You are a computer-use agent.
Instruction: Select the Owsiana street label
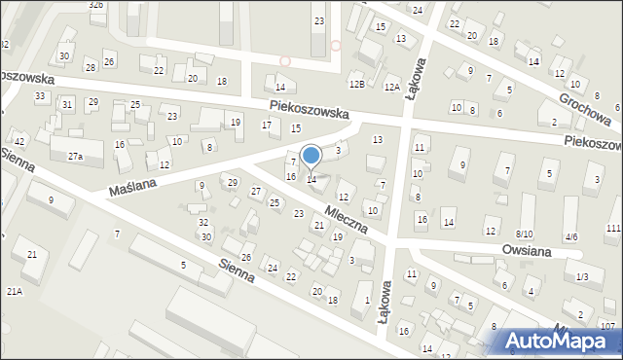point(527,251)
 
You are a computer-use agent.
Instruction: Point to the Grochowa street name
point(585,110)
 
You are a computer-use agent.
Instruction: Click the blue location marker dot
point(311,155)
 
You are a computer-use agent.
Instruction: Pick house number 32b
point(95,5)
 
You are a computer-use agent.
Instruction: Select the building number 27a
point(74,157)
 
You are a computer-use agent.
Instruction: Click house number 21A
point(14,291)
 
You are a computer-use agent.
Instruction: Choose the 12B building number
point(357,87)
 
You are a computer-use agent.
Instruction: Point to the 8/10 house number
point(524,234)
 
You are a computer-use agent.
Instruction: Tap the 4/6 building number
point(570,236)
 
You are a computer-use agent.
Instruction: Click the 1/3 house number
point(581,277)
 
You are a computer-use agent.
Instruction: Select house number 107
point(607,326)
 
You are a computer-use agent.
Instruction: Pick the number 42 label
point(19,142)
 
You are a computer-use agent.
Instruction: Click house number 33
point(40,96)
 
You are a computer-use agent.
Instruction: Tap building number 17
point(266,125)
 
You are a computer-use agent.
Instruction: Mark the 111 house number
point(612,228)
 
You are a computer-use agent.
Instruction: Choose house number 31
point(67,104)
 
